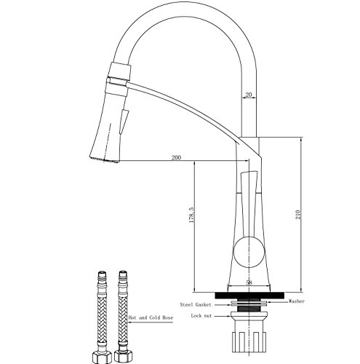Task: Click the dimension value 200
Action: point(176,157)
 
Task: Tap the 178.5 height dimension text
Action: point(191,215)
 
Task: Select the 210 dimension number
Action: point(297,215)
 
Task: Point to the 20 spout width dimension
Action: point(249,95)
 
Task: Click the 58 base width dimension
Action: point(249,282)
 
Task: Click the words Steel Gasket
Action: point(196,304)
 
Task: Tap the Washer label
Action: point(296,301)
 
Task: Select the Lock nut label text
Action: point(201,316)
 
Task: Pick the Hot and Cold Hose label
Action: point(151,317)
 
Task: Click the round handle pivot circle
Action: point(248,252)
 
